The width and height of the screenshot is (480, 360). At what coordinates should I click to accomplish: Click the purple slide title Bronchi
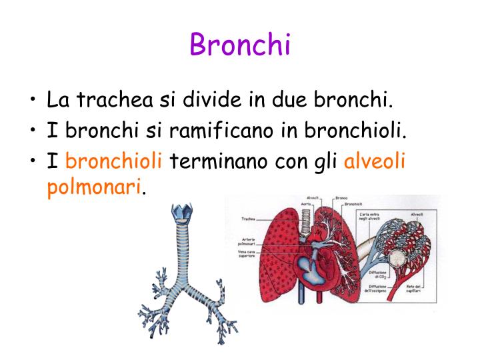pyautogui.click(x=240, y=45)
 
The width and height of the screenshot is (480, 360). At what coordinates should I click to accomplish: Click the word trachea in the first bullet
pyautogui.click(x=113, y=101)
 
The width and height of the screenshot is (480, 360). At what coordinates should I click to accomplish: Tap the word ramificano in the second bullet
pyautogui.click(x=222, y=131)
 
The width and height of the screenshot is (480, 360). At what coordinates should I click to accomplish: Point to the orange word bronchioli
pyautogui.click(x=114, y=161)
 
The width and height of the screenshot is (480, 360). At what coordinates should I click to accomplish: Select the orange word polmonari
pyautogui.click(x=94, y=188)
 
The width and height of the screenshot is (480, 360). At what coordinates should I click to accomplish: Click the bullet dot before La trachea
pyautogui.click(x=33, y=102)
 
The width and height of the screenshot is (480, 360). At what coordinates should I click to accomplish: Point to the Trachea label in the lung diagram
pyautogui.click(x=249, y=219)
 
